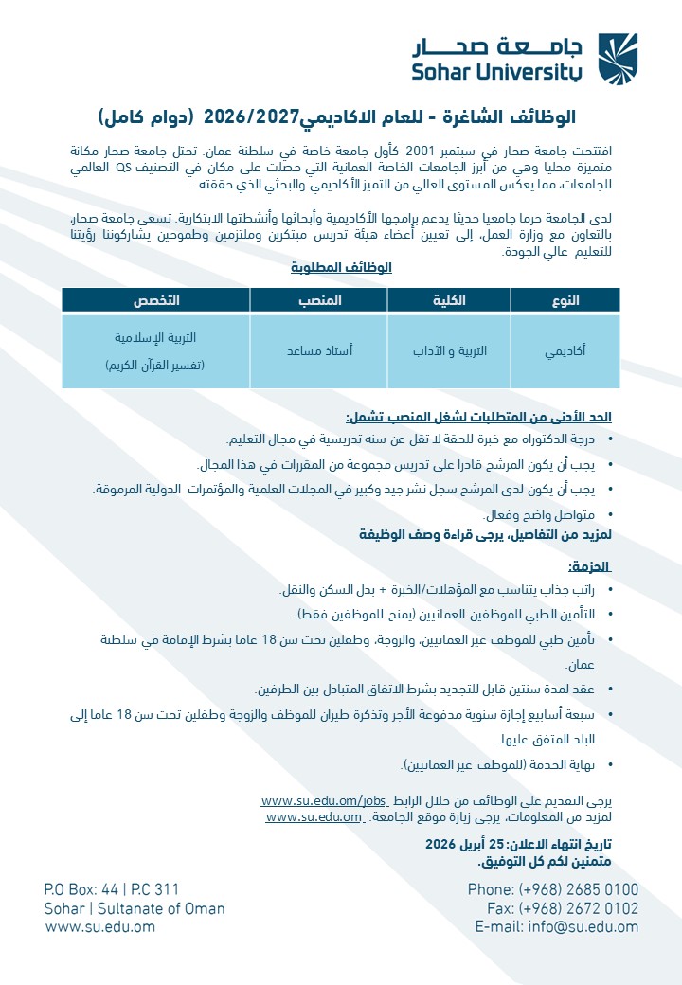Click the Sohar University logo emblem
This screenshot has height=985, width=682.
tap(618, 58)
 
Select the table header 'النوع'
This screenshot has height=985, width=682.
tap(565, 300)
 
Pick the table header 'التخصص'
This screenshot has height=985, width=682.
tap(155, 300)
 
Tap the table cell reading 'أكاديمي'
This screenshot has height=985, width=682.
tap(565, 351)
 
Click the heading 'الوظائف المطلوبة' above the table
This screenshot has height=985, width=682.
tap(341, 268)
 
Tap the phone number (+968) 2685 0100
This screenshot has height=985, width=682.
tap(579, 890)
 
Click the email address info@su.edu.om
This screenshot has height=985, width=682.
tap(583, 927)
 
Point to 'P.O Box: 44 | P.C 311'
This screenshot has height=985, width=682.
tap(112, 890)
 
